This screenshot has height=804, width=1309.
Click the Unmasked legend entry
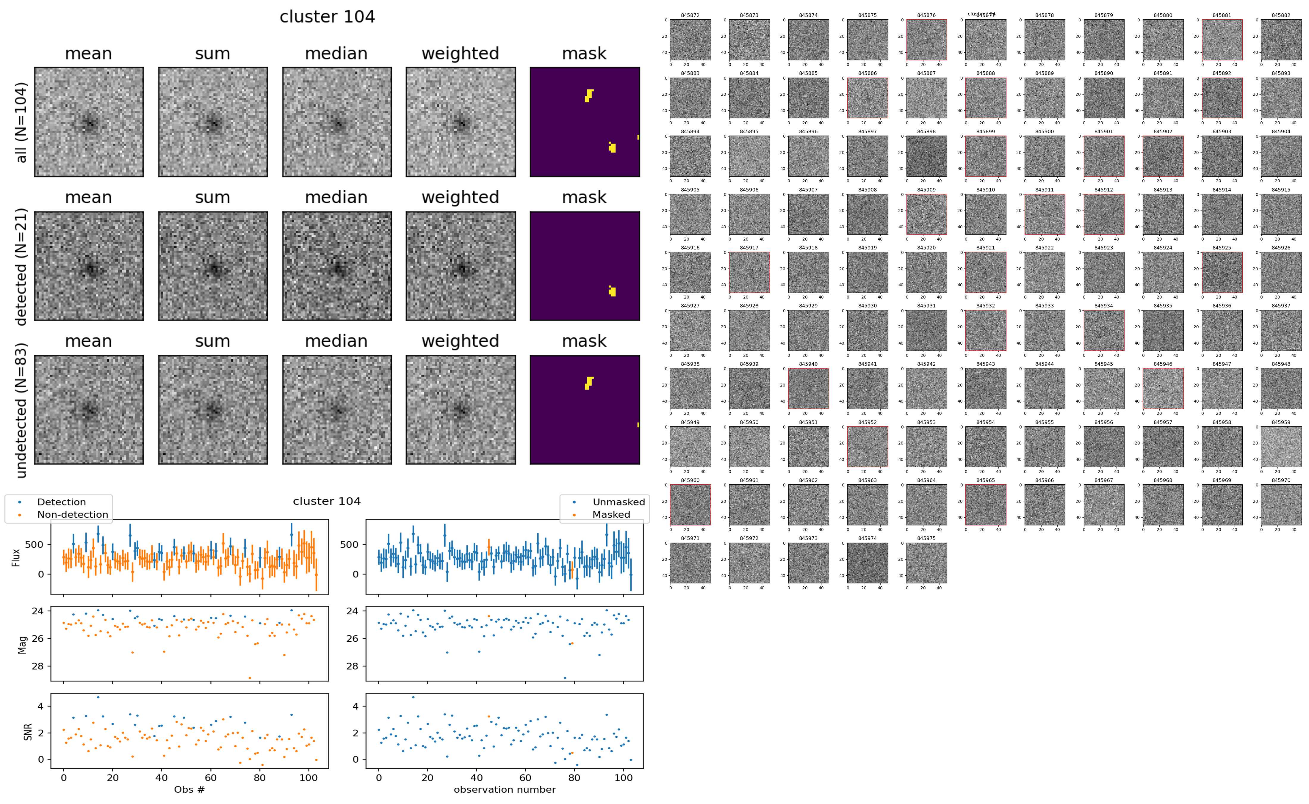(618, 502)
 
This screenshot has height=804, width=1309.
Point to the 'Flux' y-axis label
(16, 557)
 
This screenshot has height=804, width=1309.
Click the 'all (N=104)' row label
(21, 122)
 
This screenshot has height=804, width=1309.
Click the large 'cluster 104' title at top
(327, 17)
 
